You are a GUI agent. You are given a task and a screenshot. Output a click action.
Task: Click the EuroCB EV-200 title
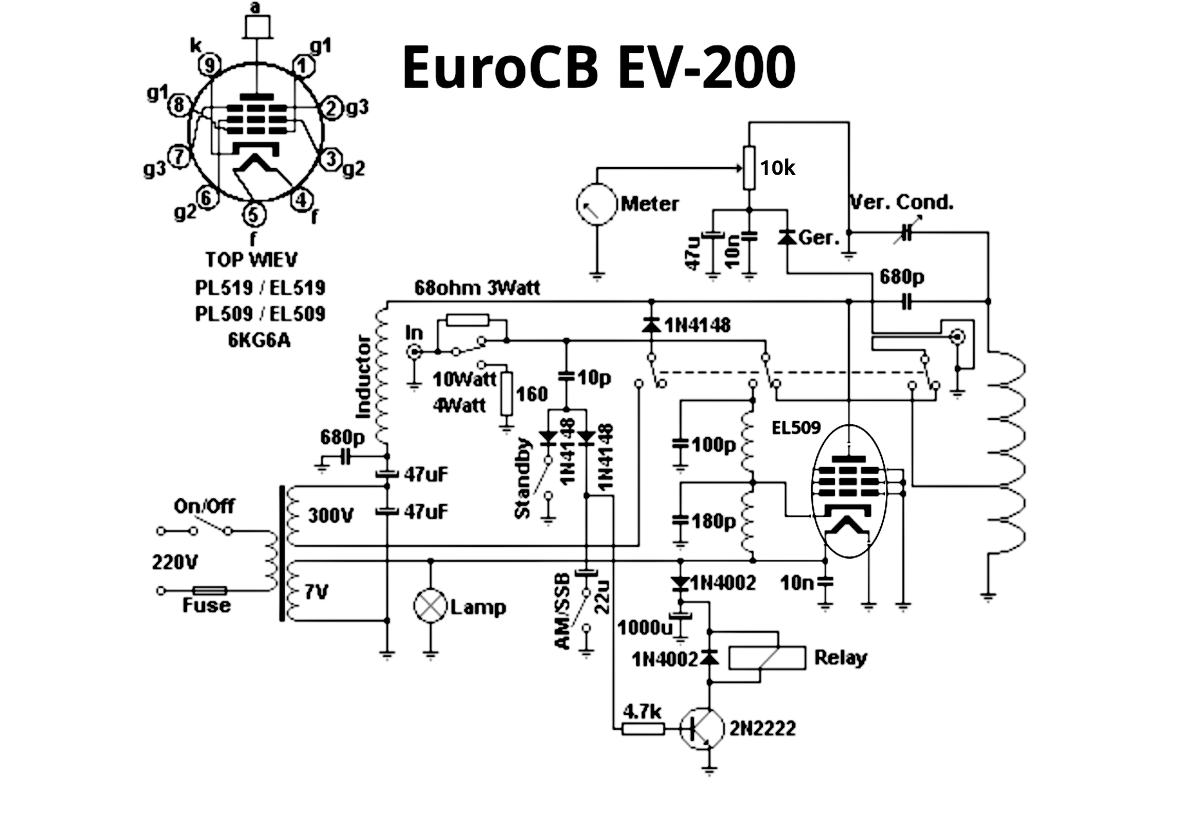[x=598, y=67]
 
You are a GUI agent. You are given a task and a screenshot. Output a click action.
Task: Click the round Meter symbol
[x=596, y=204]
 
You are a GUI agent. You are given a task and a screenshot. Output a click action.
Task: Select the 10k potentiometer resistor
[x=749, y=168]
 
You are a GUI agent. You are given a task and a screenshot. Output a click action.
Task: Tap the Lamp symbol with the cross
[x=430, y=606]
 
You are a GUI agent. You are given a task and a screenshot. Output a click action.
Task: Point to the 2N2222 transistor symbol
[x=702, y=729]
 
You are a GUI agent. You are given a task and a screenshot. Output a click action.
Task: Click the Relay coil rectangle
[x=767, y=658]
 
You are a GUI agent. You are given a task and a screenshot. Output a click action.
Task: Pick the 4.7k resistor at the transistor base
[x=643, y=729]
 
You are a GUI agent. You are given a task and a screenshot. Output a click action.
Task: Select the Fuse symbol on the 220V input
[x=210, y=591]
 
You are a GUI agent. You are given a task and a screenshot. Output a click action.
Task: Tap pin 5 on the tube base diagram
[x=253, y=215]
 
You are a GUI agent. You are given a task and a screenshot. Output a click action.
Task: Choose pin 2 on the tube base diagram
[x=332, y=108]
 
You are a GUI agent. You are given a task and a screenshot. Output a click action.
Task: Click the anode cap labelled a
[x=257, y=27]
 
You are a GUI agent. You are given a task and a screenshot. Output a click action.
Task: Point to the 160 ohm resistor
[x=507, y=394]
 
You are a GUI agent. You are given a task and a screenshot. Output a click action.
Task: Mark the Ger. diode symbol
[x=787, y=237]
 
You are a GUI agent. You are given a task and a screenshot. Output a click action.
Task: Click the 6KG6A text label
[x=259, y=340]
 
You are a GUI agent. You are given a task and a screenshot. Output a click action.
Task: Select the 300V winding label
[x=330, y=515]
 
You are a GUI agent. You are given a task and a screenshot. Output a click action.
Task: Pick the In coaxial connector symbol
[x=414, y=352]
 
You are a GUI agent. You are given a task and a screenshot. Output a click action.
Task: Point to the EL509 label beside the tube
[x=796, y=428]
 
